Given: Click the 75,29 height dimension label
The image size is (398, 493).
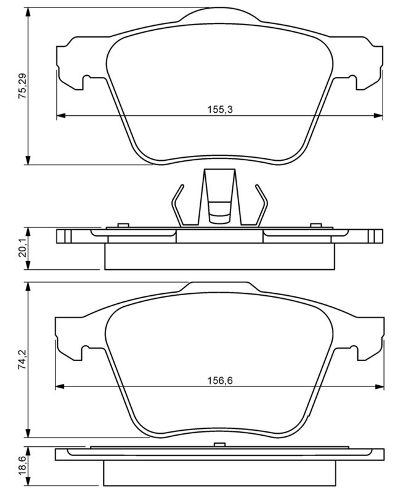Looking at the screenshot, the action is (23, 86).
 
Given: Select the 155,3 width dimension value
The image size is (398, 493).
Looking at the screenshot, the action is (220, 110).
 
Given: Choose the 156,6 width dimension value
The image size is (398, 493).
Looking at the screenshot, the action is (220, 381).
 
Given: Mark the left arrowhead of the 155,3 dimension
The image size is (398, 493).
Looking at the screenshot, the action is (61, 116).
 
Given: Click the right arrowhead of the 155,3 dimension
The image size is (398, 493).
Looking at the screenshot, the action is (378, 116).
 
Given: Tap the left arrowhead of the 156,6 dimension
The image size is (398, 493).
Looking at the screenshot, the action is (60, 386).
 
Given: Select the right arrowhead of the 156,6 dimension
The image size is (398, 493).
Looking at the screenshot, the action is (379, 386).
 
